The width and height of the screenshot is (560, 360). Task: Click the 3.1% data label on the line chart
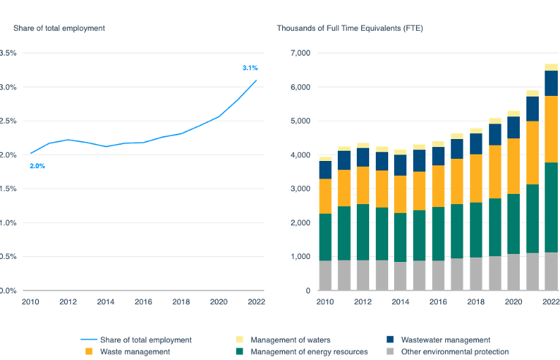click(x=250, y=68)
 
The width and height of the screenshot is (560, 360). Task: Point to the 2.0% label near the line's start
click(x=37, y=166)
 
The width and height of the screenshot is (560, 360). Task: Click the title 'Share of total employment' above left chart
click(x=59, y=29)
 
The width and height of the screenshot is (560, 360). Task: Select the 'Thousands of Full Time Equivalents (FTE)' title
click(x=349, y=29)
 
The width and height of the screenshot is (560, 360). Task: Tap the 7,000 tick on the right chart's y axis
click(x=300, y=53)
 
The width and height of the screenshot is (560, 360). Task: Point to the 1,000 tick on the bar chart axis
click(x=300, y=257)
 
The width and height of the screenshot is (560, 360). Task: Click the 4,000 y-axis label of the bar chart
click(x=300, y=155)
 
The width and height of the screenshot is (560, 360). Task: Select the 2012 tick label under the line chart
click(x=68, y=301)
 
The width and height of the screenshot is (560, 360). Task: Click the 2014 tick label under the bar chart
click(x=400, y=301)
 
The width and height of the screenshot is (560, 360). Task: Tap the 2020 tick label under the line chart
click(x=218, y=301)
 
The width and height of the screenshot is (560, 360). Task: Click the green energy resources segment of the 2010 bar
click(x=325, y=236)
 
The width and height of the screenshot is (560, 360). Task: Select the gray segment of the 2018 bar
click(x=476, y=273)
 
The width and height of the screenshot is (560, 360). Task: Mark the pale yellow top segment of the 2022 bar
click(x=550, y=67)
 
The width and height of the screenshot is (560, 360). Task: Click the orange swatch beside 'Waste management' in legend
click(x=89, y=352)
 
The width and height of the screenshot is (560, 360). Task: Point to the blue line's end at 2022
click(x=256, y=80)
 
